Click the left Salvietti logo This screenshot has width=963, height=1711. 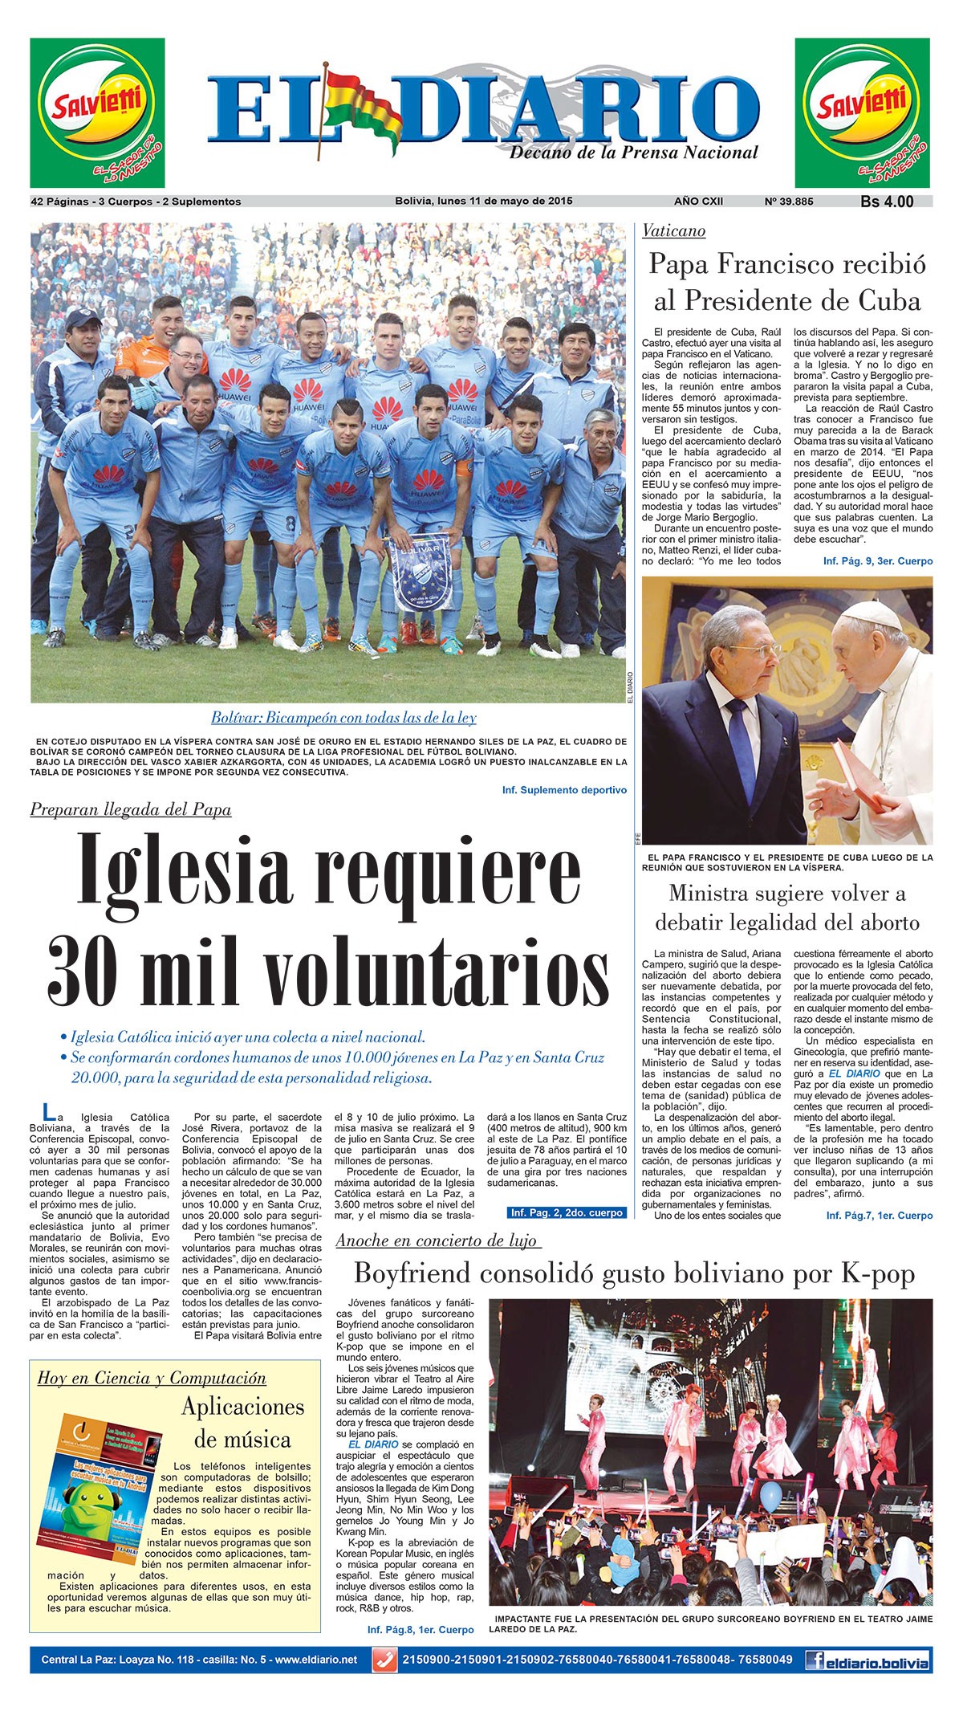[97, 112]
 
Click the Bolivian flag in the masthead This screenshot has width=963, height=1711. [361, 104]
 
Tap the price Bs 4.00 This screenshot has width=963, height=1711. [887, 202]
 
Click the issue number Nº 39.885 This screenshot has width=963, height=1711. [788, 201]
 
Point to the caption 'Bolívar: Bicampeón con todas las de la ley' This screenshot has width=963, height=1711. [343, 717]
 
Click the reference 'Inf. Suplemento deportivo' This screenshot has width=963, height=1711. [564, 790]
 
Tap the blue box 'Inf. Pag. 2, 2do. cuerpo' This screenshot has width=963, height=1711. [567, 1212]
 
